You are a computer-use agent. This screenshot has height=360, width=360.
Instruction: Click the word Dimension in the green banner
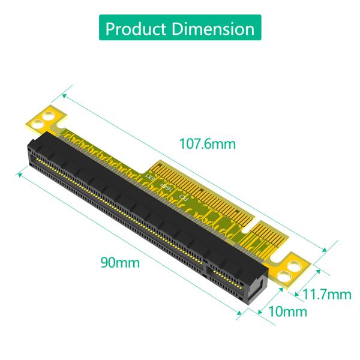point(213,28)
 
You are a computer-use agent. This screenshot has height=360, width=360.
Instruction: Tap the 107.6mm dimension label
point(208,144)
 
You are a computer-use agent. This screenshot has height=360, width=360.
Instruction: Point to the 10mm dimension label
point(287,311)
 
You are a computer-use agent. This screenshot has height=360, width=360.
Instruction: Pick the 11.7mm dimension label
point(326,294)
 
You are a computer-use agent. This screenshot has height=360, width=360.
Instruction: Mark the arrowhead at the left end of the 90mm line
point(20,173)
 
